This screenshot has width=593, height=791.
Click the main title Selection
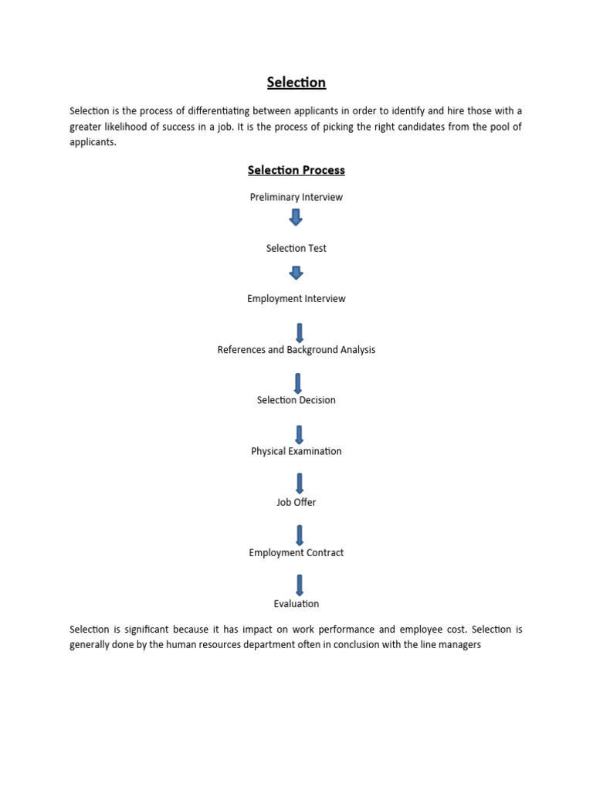pos(296,82)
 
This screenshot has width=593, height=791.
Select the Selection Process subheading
pos(296,170)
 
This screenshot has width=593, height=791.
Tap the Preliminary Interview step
pos(296,197)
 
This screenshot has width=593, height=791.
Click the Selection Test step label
pos(296,248)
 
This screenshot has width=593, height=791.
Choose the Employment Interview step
pos(296,299)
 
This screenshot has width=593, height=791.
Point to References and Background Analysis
pos(296,350)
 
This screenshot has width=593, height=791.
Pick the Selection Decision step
pos(296,400)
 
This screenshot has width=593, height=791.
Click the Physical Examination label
pos(296,451)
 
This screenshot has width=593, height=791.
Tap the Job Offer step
pos(296,502)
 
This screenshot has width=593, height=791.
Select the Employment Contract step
pos(296,553)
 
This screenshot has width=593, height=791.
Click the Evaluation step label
pos(296,604)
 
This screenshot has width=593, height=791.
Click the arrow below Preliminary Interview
pos(296,217)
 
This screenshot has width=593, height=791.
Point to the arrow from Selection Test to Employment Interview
pos(296,273)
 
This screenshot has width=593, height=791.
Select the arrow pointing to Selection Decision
pos(299,383)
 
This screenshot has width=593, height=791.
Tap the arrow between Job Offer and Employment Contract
pos(300,535)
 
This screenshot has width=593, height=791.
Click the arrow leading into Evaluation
pos(300,585)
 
